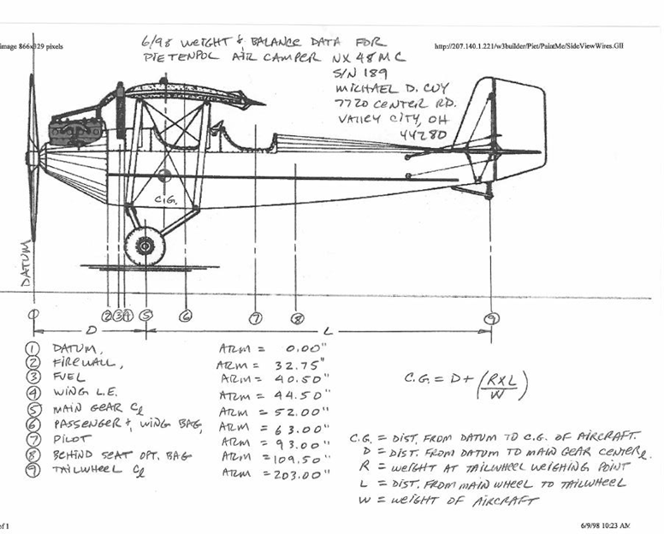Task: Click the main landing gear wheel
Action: pos(145,246)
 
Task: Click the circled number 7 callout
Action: pos(254,318)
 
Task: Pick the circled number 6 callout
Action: pos(185,316)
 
